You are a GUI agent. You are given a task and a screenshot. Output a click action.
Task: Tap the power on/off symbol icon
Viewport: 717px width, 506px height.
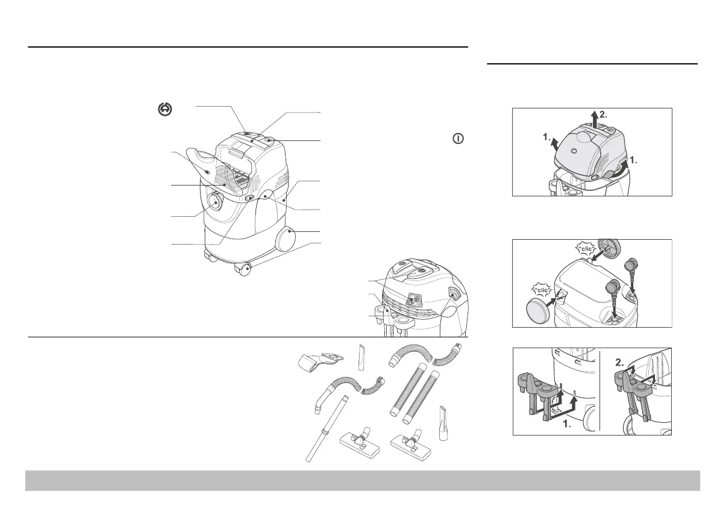click(458, 139)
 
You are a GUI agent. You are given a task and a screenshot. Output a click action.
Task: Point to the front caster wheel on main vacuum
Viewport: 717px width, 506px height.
click(245, 270)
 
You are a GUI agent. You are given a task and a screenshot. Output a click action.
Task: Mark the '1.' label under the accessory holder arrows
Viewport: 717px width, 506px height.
click(567, 424)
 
